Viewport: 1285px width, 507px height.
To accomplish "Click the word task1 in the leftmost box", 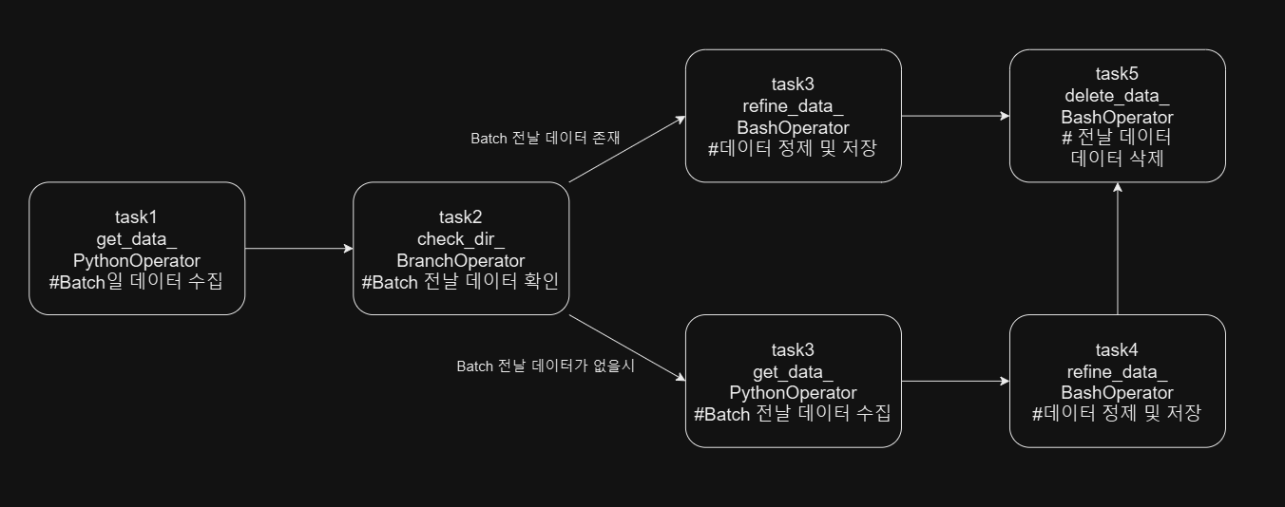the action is tap(137, 216).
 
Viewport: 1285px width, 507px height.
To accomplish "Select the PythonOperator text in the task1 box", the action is tap(137, 259).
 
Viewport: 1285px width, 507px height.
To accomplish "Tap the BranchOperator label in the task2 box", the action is tap(461, 259).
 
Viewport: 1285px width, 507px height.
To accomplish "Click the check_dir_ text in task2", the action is tap(461, 238).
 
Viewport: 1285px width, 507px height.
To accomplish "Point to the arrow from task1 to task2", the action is tap(298, 249).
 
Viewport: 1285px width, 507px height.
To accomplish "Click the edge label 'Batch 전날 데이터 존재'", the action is tap(546, 138).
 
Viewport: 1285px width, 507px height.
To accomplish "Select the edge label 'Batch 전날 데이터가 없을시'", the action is tap(546, 366).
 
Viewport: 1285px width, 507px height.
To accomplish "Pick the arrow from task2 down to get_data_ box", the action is tap(627, 348).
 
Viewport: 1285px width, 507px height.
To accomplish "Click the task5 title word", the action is tap(1117, 74).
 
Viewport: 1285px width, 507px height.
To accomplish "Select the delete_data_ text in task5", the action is tap(1117, 95).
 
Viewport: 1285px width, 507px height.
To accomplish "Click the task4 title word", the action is tap(1117, 349).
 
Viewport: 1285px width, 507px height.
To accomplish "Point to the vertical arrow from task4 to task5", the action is tap(1118, 249).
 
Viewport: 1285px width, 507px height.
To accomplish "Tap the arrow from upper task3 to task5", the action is tap(954, 116).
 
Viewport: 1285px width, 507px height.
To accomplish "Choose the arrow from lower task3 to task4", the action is tap(954, 382).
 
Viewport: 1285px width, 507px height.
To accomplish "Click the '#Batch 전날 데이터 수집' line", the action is tap(793, 414).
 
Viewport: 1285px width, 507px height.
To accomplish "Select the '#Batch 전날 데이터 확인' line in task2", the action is tap(461, 281).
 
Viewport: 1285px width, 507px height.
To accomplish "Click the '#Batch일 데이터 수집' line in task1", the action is tap(137, 281).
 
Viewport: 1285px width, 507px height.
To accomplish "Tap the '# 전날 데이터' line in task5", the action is tap(1117, 138).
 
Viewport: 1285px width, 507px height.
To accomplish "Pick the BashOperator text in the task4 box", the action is tap(1117, 392).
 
